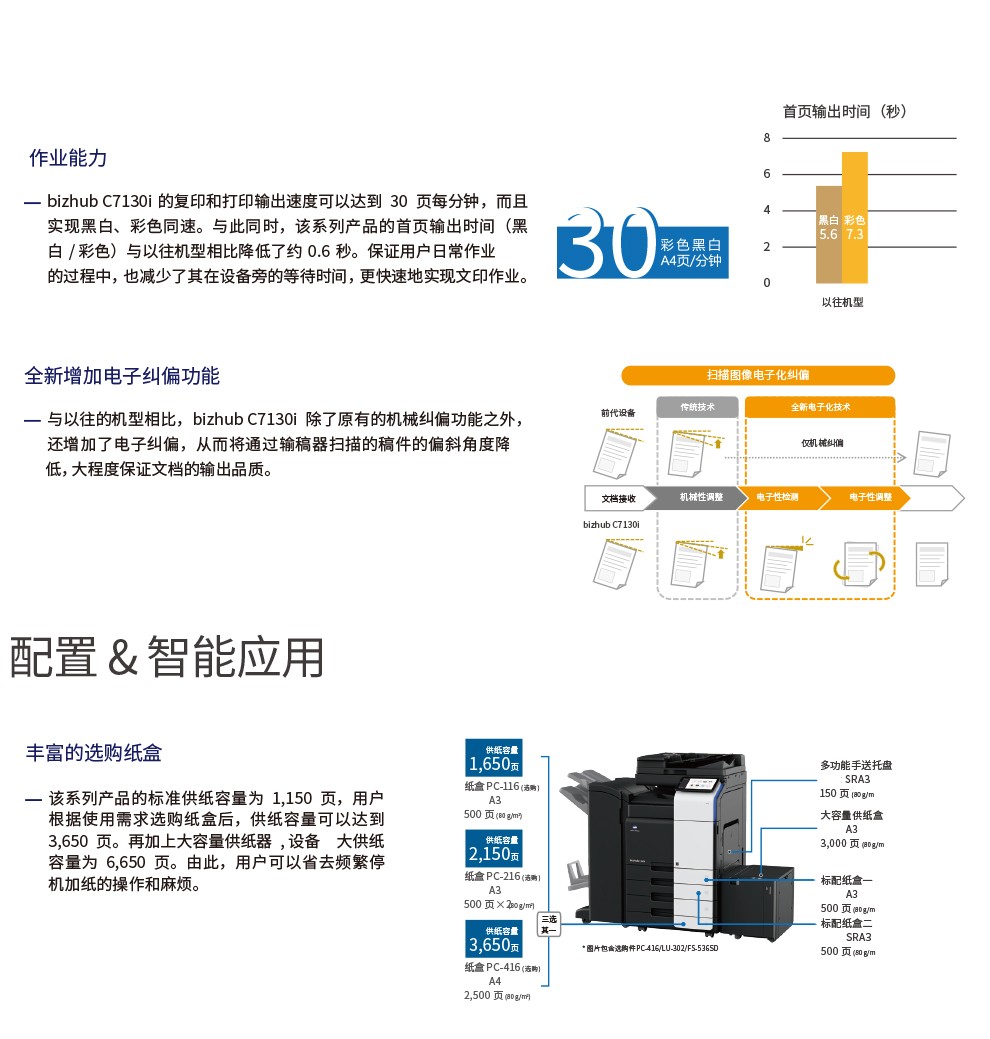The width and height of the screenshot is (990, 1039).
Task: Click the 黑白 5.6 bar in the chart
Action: (828, 234)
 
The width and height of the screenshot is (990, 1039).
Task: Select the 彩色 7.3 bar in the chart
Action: (854, 218)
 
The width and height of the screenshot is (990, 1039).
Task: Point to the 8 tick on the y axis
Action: (767, 138)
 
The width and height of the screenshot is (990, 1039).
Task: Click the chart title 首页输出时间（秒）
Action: (844, 111)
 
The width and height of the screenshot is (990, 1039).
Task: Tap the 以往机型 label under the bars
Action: (842, 302)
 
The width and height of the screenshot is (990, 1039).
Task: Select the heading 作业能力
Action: (68, 158)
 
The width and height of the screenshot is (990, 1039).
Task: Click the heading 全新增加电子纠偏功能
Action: (122, 376)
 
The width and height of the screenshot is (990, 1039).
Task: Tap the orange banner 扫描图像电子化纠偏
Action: (757, 375)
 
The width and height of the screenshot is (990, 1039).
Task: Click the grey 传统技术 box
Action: (697, 407)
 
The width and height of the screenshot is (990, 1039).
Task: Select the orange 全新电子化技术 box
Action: (820, 407)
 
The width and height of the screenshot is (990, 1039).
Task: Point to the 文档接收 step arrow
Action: (618, 497)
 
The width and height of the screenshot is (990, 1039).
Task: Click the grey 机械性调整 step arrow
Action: (700, 497)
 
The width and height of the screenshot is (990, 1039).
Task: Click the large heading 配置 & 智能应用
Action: (167, 657)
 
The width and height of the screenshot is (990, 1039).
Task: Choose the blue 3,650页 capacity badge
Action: (494, 939)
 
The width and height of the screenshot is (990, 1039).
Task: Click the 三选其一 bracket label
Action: (549, 924)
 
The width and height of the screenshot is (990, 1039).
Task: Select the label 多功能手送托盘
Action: (856, 766)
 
